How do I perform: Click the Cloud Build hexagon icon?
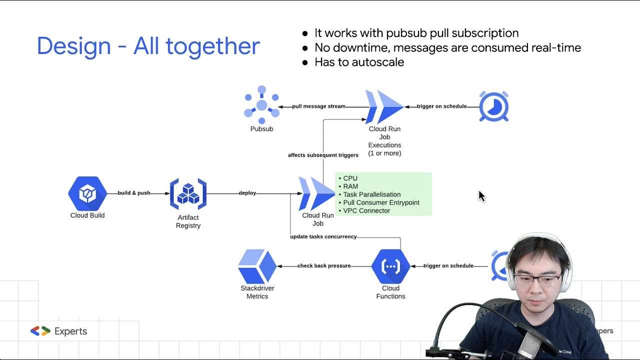(87, 193)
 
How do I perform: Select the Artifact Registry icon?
(188, 194)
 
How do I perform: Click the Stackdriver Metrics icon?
(257, 266)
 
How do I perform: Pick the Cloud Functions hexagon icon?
(390, 266)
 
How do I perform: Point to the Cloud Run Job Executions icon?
(384, 106)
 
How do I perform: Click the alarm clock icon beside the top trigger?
(494, 106)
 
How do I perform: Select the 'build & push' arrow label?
(134, 193)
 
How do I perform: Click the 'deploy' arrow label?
(247, 193)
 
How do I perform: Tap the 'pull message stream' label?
(319, 106)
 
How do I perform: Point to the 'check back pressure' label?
(324, 266)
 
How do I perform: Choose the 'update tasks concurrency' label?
(323, 236)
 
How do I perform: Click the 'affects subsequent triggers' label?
(323, 155)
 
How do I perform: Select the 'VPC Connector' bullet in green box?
(366, 210)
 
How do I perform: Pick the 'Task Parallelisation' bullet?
(371, 194)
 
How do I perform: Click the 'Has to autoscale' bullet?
(359, 62)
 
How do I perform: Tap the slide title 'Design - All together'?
(148, 46)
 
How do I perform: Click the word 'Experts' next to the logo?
(70, 331)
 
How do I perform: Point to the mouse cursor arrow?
(481, 196)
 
